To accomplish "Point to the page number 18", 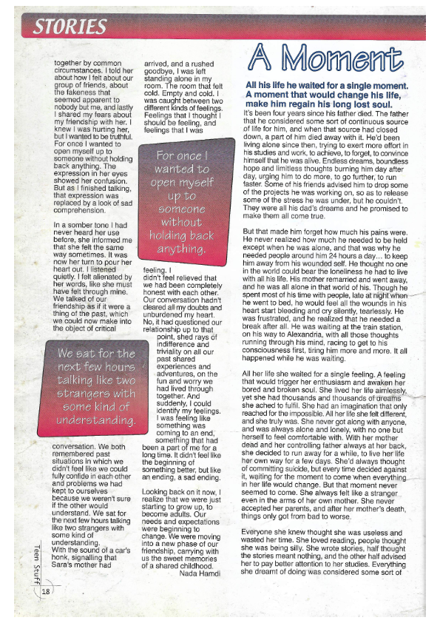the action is point(46,593).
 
